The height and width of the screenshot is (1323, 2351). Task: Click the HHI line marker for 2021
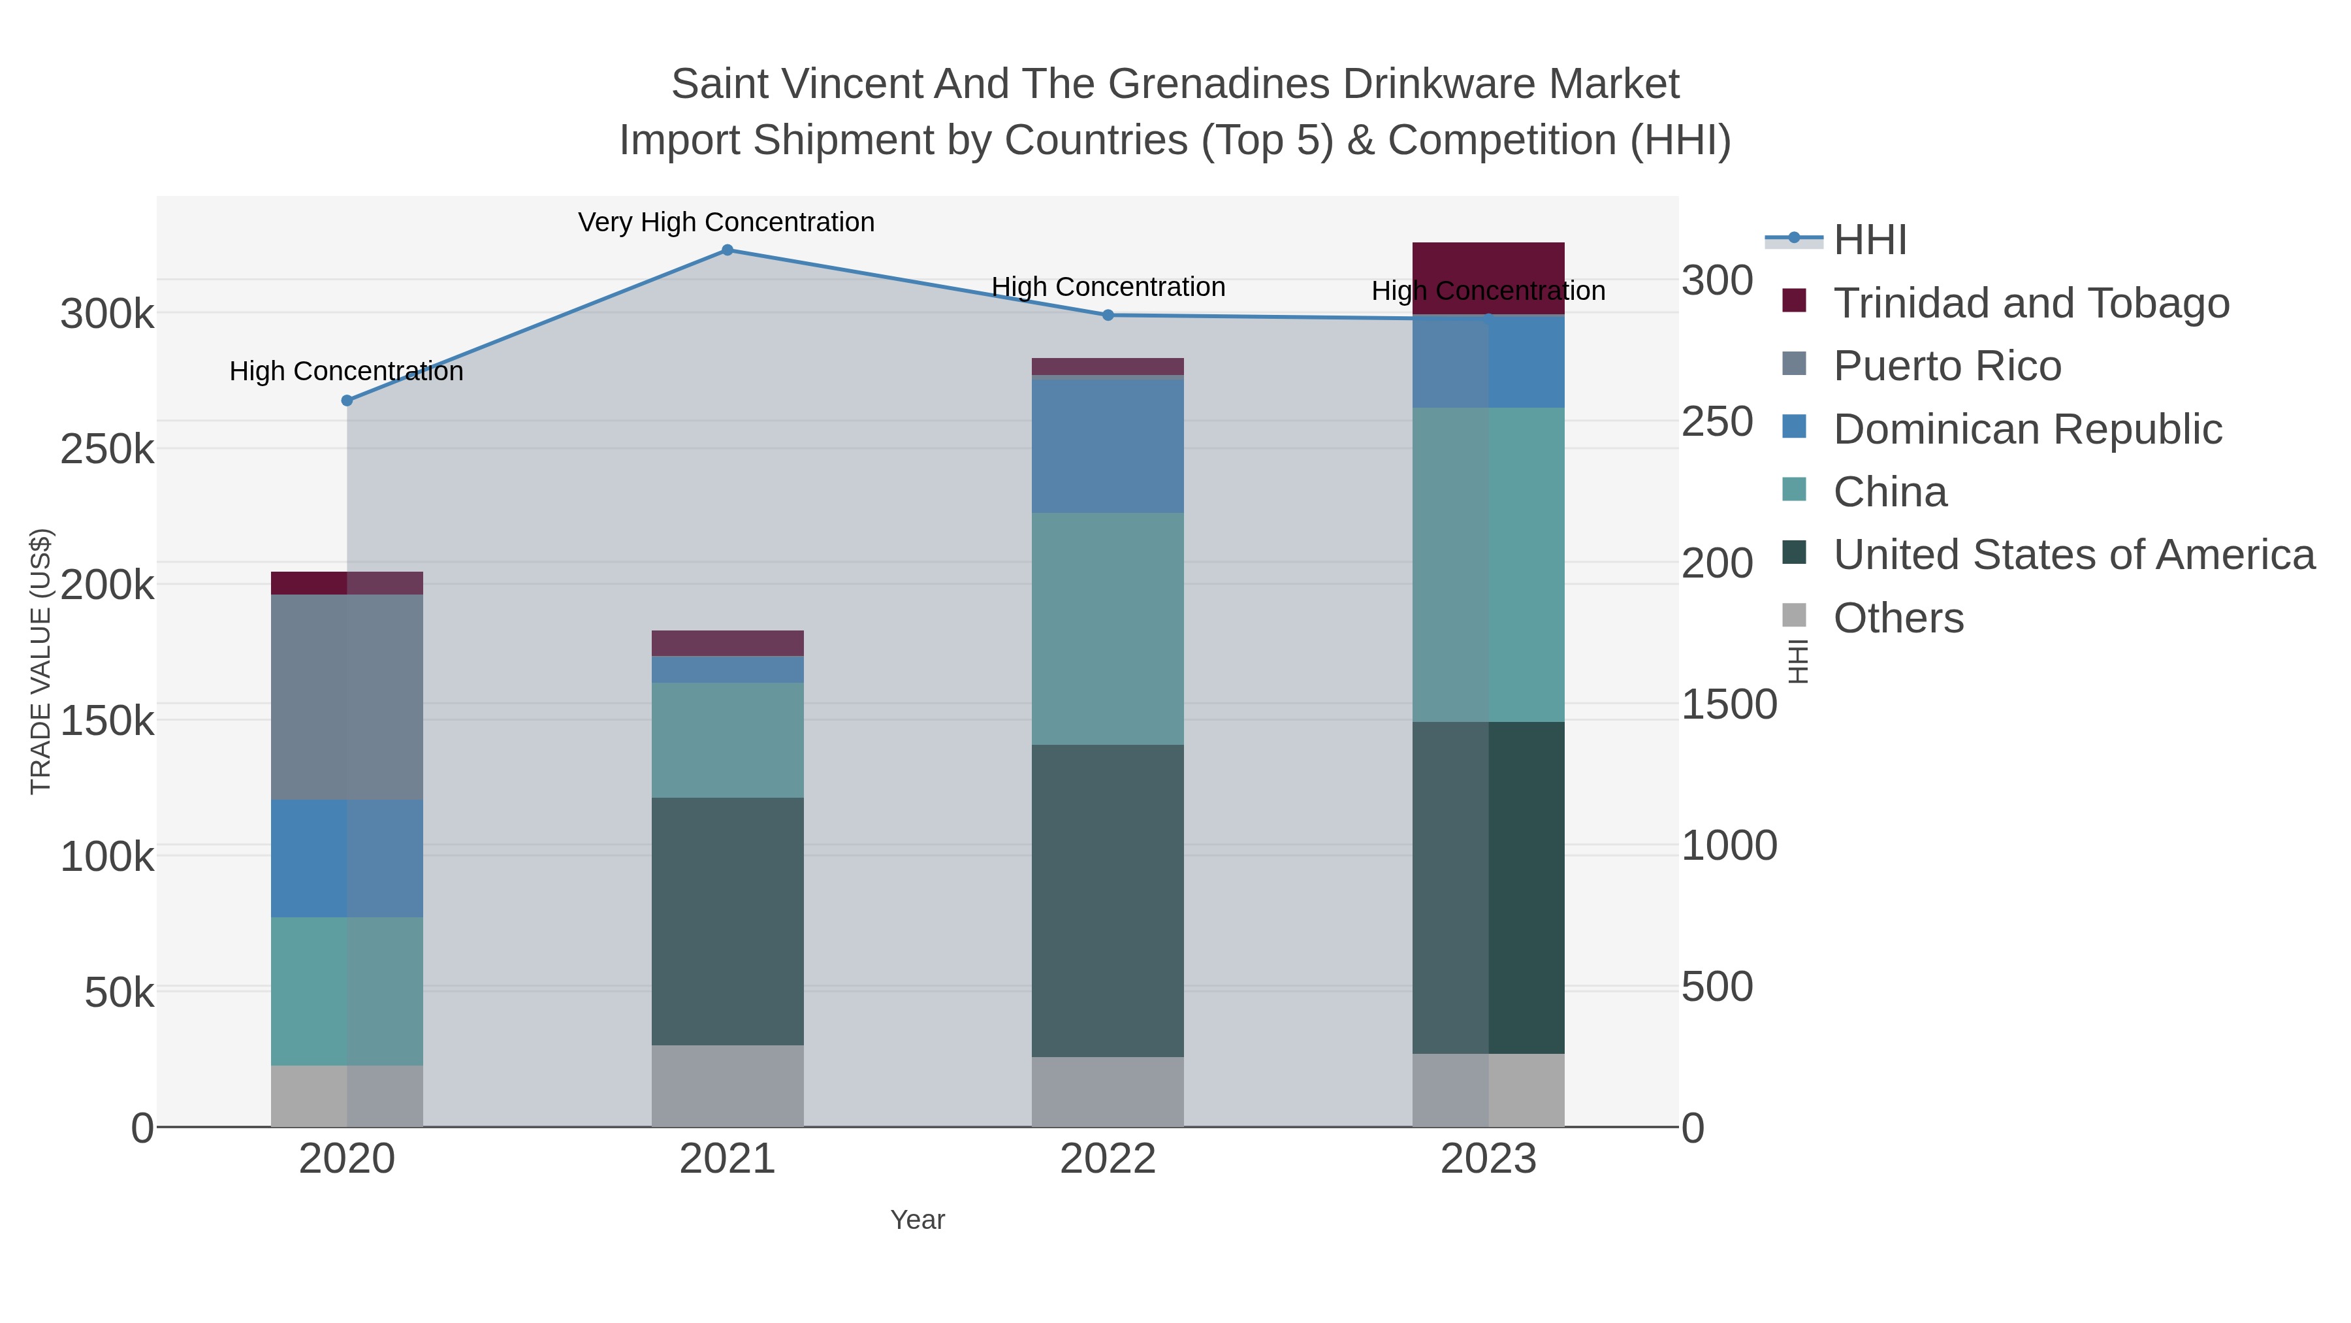coord(728,250)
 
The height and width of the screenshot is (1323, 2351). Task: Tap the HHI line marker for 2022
coord(1108,315)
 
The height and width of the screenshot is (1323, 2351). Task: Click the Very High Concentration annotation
coord(726,223)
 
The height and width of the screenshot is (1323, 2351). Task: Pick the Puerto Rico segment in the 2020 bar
coord(347,698)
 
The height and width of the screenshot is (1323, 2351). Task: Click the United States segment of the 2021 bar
coord(728,921)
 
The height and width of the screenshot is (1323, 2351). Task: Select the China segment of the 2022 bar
coord(1108,629)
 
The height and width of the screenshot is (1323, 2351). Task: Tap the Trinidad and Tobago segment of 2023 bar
coord(1488,278)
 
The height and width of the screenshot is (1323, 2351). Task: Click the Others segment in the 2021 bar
coord(728,1086)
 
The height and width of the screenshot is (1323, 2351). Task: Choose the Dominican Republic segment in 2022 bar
coord(1108,446)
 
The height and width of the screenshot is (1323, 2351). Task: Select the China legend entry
coord(1889,492)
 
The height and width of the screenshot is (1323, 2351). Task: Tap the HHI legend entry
coord(1869,240)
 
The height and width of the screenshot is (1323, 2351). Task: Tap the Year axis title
coord(918,1220)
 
